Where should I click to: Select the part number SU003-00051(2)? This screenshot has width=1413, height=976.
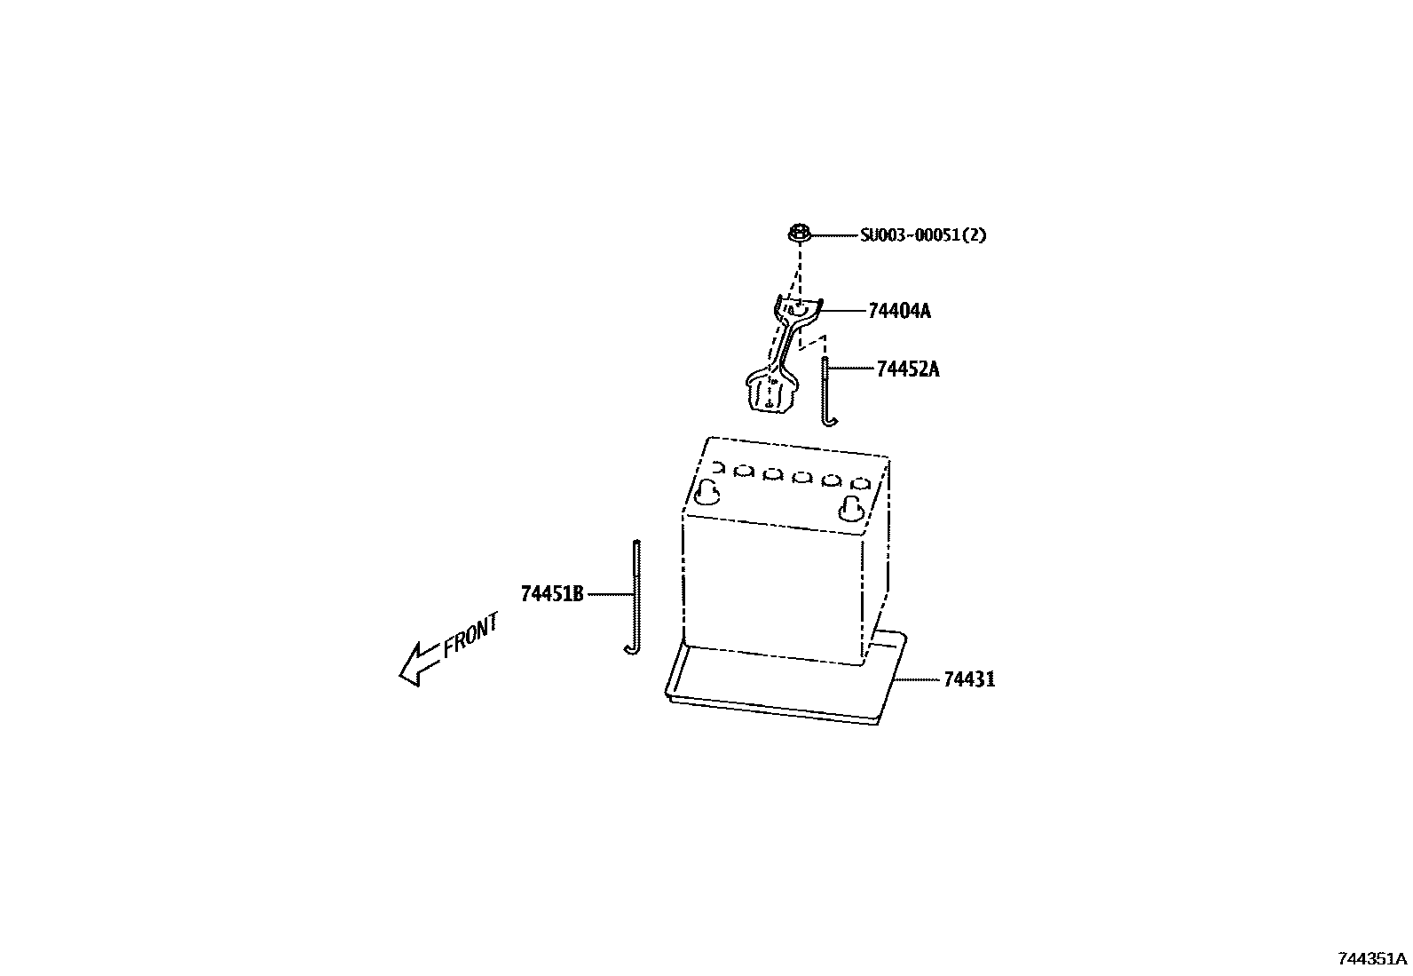[x=923, y=235]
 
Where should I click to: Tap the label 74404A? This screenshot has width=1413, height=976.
[x=899, y=311]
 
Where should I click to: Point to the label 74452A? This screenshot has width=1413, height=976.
[x=907, y=369]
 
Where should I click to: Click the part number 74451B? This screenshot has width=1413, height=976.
[x=552, y=594]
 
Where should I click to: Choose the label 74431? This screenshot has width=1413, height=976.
[x=969, y=679]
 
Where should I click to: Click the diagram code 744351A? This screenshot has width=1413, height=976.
[x=1372, y=958]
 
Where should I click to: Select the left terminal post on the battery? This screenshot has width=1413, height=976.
[x=708, y=492]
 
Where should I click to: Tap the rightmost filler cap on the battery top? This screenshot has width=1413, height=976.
[x=859, y=484]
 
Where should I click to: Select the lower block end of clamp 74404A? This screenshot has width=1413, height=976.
[x=769, y=393]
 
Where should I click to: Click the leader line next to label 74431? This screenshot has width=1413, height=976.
[x=916, y=679]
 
